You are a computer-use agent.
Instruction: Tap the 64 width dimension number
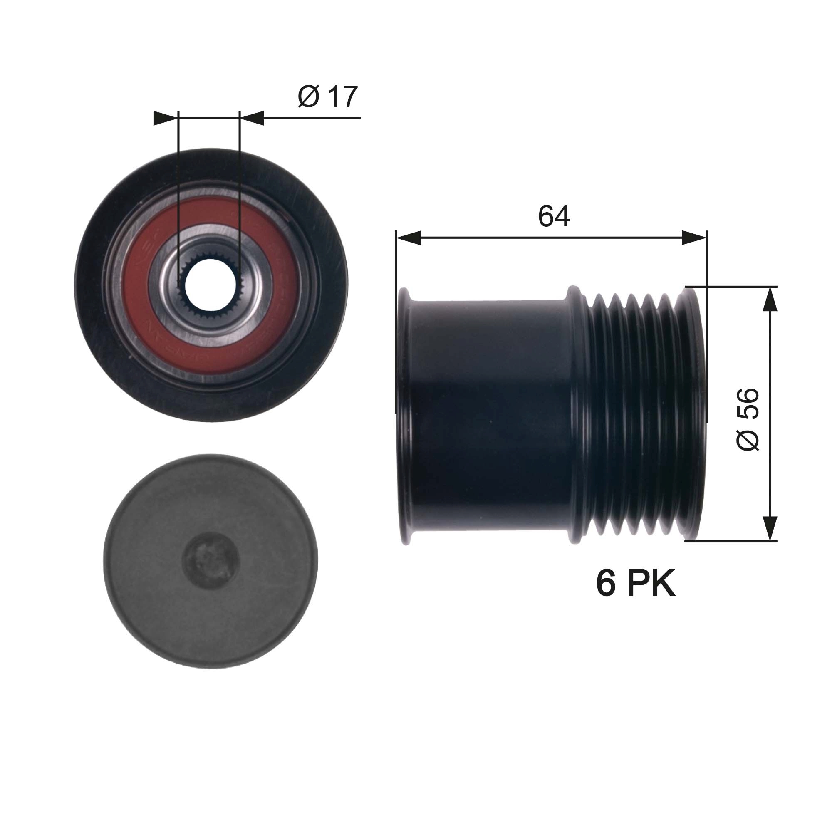point(554,216)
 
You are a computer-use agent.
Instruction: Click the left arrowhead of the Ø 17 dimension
point(166,118)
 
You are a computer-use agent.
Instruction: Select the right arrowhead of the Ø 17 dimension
point(252,118)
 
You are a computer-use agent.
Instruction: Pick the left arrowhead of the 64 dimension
point(408,238)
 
